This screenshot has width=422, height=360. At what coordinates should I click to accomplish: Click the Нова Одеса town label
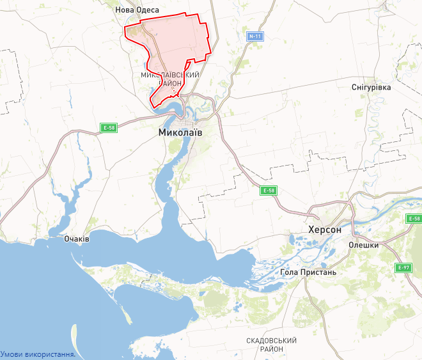(136, 10)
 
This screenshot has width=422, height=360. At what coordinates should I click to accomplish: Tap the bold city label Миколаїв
(180, 132)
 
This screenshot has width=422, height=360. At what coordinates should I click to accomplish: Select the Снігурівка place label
(371, 87)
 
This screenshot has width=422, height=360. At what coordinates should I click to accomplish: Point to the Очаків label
(77, 239)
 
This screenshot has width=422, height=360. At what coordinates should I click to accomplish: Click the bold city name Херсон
(325, 230)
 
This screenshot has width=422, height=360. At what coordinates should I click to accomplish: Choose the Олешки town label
(364, 245)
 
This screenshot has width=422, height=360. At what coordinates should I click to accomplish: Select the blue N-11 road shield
(256, 36)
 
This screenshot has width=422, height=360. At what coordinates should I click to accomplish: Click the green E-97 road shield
(403, 267)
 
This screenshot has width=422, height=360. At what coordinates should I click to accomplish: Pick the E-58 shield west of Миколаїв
(109, 128)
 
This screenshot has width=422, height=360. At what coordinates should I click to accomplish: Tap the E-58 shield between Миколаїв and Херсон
(269, 191)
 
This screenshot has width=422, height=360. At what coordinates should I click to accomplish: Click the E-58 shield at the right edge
(414, 219)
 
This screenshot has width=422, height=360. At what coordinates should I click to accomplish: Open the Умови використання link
(38, 354)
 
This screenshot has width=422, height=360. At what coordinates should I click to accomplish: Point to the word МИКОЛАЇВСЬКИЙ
(170, 75)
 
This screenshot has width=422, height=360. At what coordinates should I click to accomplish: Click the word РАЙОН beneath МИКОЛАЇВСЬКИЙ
(170, 84)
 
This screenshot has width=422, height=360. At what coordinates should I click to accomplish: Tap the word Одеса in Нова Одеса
(146, 10)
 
